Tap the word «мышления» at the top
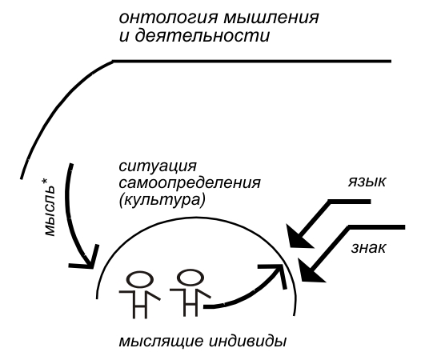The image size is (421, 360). pyautogui.click(x=271, y=18)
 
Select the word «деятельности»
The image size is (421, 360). pyautogui.click(x=202, y=36)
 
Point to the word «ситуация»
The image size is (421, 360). pyautogui.click(x=158, y=167)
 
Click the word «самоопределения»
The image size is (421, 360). pyautogui.click(x=190, y=184)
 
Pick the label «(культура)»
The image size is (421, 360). pyautogui.click(x=162, y=200)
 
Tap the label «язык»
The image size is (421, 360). pyautogui.click(x=367, y=182)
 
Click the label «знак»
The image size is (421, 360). pyautogui.click(x=368, y=247)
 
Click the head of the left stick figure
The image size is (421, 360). pyautogui.click(x=140, y=279)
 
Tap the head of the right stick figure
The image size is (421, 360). pyautogui.click(x=190, y=278)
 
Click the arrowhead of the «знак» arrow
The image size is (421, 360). pyautogui.click(x=311, y=272)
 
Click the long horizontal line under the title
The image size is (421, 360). pyautogui.click(x=252, y=62)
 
